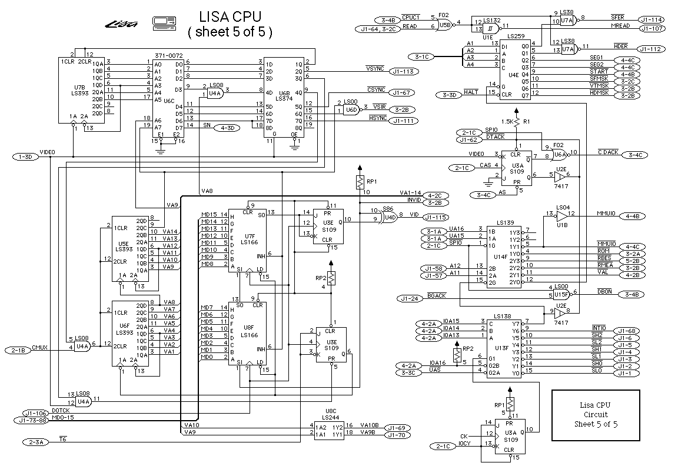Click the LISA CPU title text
pos(230,16)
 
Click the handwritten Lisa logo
pos(122,24)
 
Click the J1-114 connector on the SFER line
pos(651,19)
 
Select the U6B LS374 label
pos(284,96)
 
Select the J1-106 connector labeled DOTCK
pos(35,413)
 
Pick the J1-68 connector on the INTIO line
pos(626,331)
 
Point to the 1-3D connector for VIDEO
pos(25,157)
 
